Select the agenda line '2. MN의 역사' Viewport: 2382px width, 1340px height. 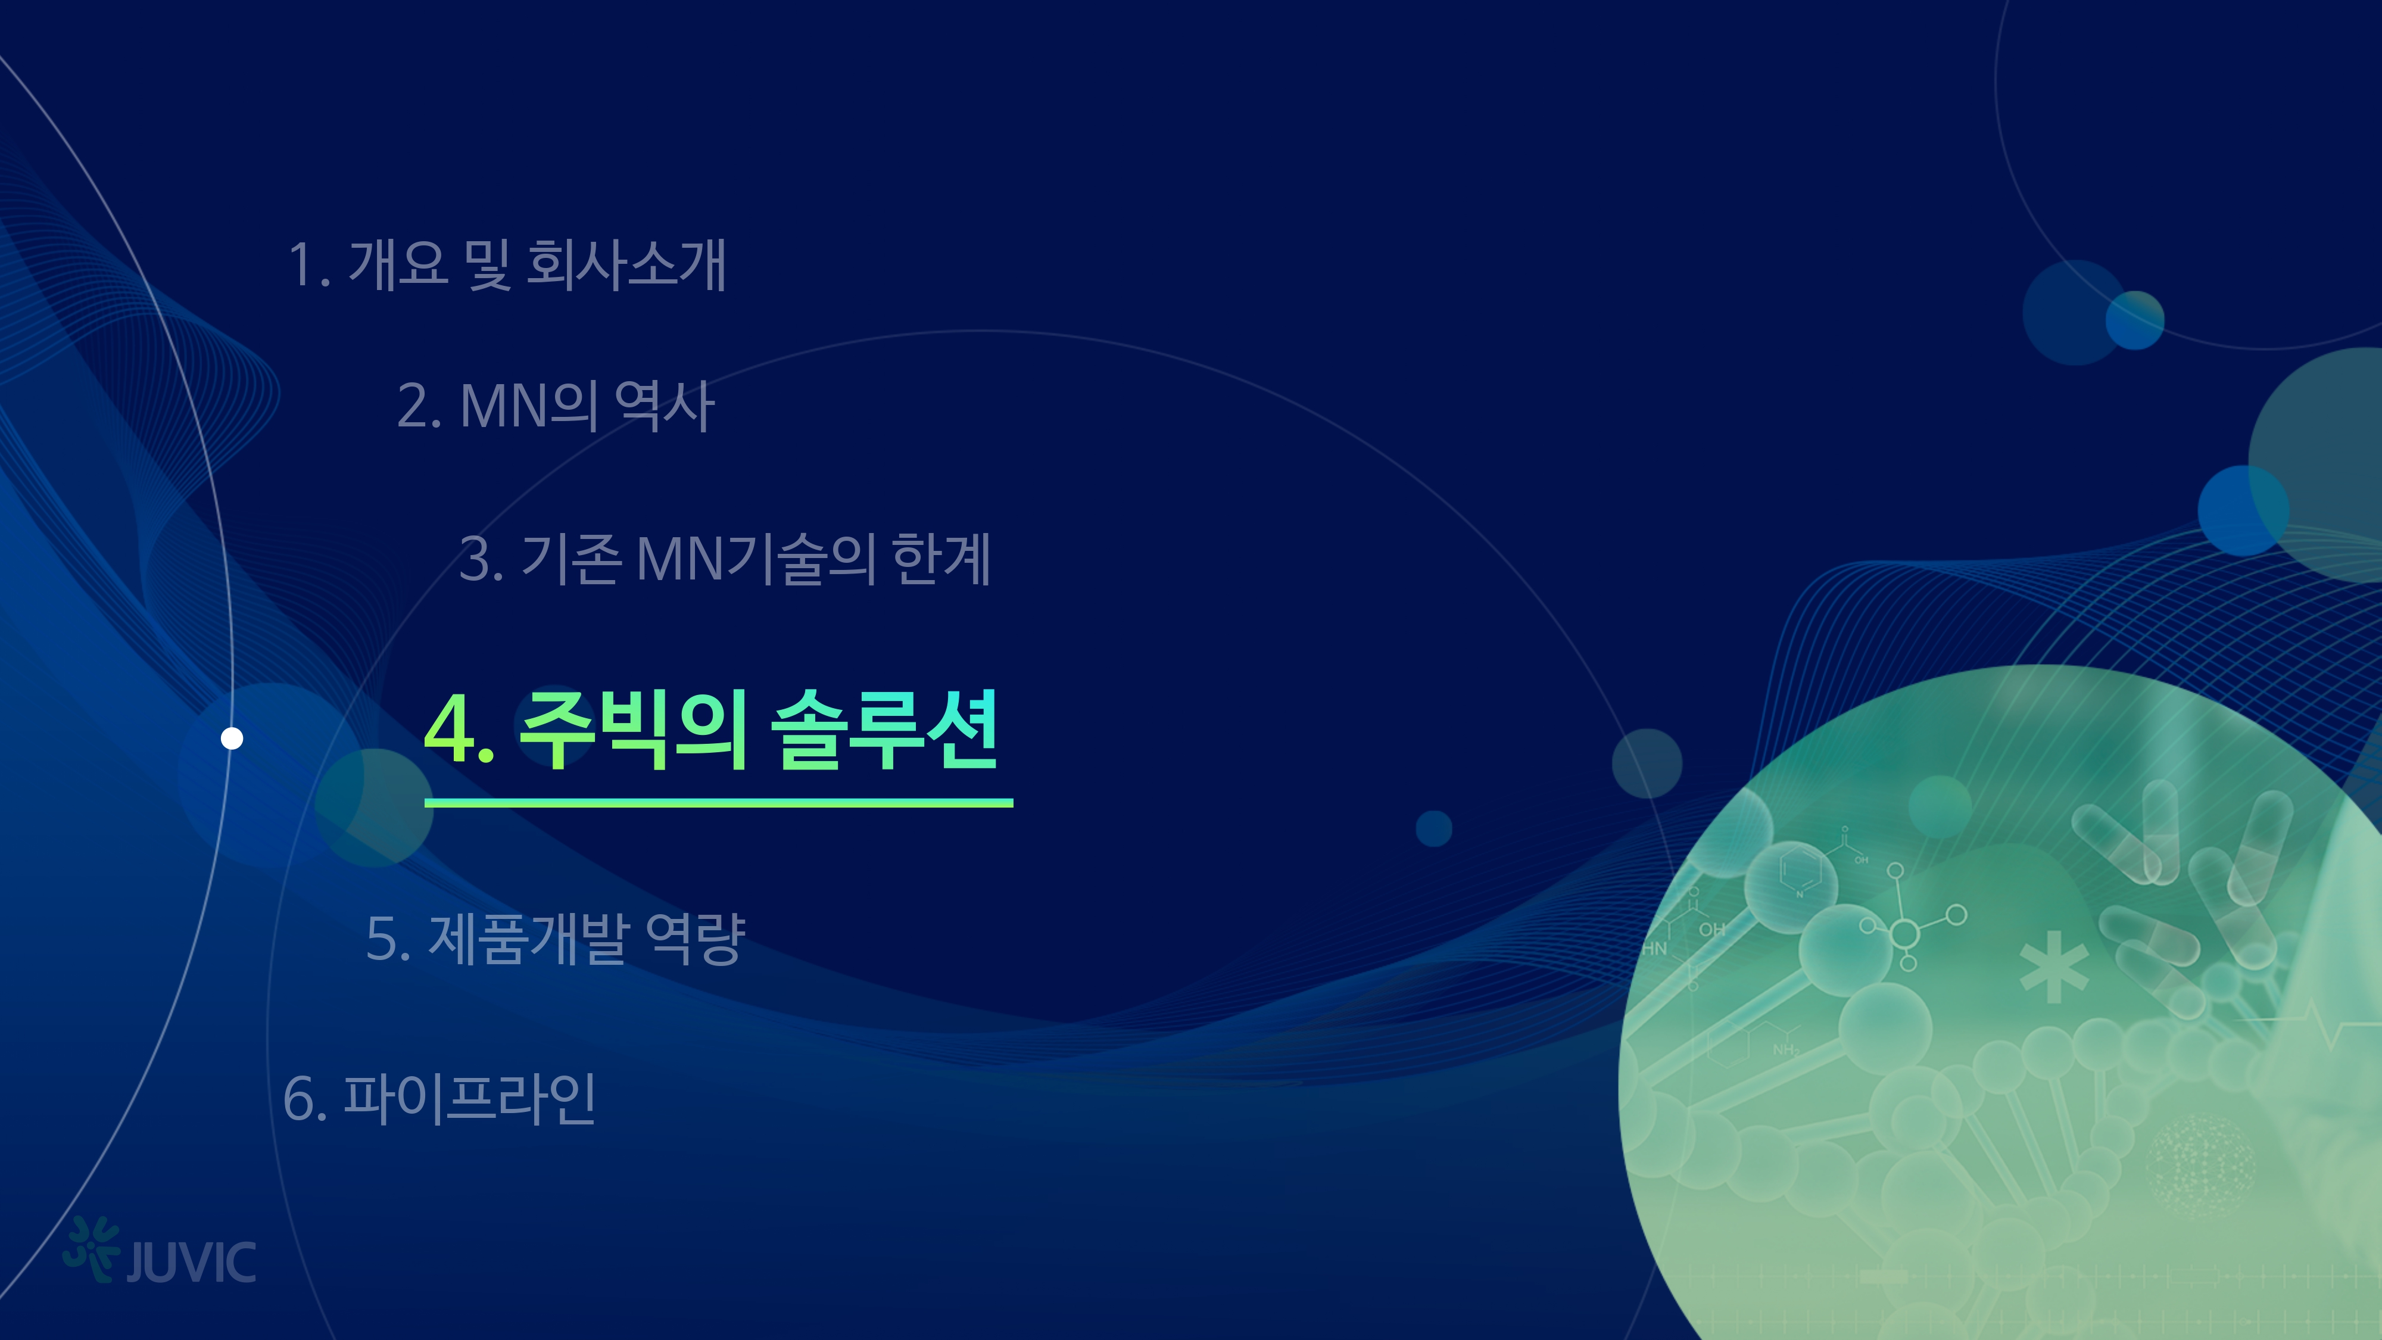click(x=556, y=406)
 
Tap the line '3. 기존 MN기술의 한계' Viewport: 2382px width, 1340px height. click(x=725, y=559)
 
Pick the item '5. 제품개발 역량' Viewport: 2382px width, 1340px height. click(x=556, y=938)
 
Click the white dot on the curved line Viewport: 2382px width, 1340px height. click(x=232, y=738)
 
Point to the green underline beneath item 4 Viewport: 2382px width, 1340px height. click(x=719, y=803)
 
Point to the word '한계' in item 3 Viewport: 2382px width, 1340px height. click(x=941, y=559)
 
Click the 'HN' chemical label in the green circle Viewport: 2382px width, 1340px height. click(x=1654, y=948)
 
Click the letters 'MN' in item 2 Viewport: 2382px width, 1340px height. click(x=503, y=406)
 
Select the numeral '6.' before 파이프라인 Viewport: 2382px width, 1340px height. click(x=305, y=1099)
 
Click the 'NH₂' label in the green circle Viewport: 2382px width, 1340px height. click(x=1785, y=1049)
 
